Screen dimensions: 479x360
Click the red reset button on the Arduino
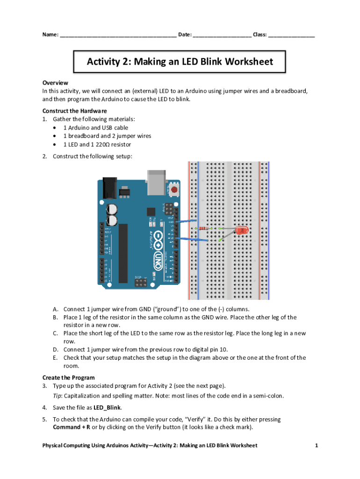click(x=174, y=189)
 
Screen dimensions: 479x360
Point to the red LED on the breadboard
click(x=241, y=230)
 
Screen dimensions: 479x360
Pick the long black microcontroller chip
click(x=123, y=253)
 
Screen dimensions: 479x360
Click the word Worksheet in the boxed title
click(x=250, y=62)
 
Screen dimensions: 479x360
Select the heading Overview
click(x=55, y=82)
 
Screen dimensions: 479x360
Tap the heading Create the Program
click(x=68, y=377)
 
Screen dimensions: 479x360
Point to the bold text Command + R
click(x=72, y=427)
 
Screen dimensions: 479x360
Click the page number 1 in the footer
click(x=316, y=445)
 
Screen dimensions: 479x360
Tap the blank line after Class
click(x=291, y=35)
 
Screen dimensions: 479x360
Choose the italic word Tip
click(x=57, y=396)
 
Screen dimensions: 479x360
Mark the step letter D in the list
click(x=55, y=349)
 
